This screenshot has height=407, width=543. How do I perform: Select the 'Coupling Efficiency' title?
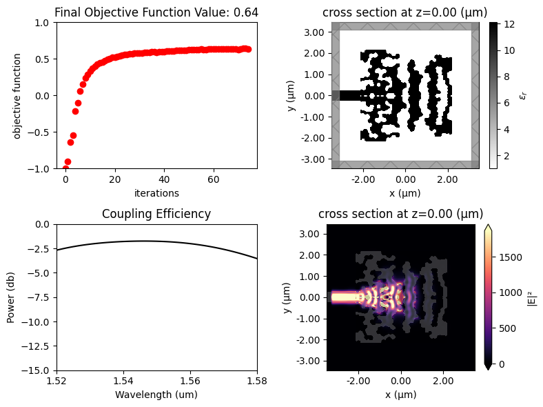click(156, 215)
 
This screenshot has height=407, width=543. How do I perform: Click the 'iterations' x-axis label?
click(156, 193)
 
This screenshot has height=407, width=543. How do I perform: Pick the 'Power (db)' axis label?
click(12, 297)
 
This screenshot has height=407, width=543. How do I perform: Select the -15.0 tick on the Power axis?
click(38, 371)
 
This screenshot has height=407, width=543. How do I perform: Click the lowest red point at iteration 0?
click(65, 169)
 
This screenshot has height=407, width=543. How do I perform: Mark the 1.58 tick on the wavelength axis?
click(257, 381)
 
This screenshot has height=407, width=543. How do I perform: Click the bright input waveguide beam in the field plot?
click(345, 297)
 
